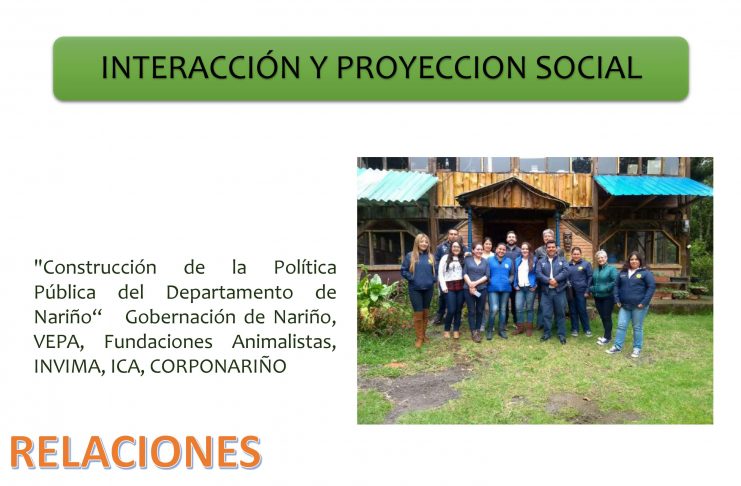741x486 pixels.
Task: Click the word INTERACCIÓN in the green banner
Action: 200,67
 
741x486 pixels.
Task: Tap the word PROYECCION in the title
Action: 431,68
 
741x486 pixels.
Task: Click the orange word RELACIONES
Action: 135,452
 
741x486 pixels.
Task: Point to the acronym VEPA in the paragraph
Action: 59,342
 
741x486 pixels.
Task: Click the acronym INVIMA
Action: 69,366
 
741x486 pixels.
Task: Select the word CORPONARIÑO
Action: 218,366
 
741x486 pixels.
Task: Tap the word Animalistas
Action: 284,341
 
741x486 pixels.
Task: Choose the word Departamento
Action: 229,293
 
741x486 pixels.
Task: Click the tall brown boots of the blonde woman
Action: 421,328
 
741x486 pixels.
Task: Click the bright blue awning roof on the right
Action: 653,185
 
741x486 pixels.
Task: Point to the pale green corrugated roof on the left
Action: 395,184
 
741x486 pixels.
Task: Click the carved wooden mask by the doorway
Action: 568,241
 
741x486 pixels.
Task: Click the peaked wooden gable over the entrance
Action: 513,194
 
